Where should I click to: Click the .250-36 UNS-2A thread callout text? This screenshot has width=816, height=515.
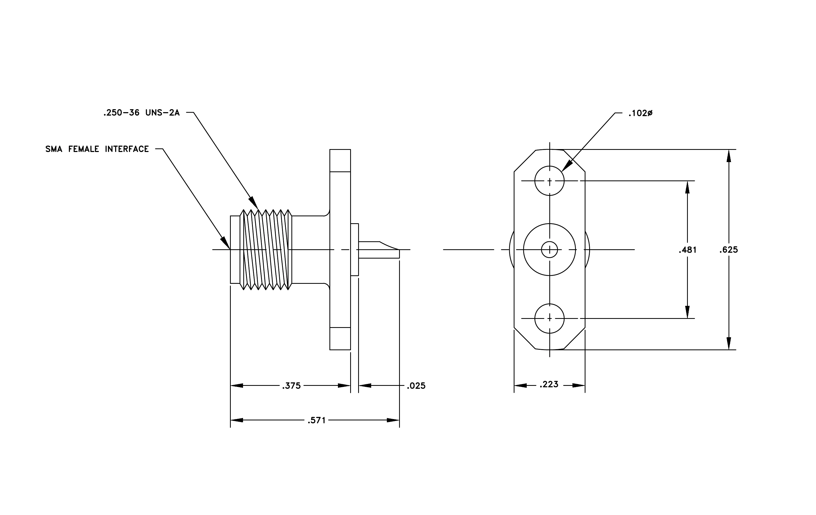tap(141, 113)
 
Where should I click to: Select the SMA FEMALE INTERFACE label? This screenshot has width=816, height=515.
tap(97, 149)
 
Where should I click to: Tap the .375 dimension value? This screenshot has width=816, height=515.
tap(291, 386)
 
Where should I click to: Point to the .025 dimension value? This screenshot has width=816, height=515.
tap(416, 386)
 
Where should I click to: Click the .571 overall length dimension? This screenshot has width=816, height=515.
tap(316, 420)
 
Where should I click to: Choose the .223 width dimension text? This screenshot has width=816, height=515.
tap(549, 384)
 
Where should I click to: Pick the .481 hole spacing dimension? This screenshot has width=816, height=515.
tap(688, 250)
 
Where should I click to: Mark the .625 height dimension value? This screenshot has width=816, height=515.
tap(729, 250)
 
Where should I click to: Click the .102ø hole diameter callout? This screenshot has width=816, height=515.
tap(641, 113)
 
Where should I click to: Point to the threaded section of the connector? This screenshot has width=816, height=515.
tap(266, 250)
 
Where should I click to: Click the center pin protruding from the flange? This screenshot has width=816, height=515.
tap(379, 250)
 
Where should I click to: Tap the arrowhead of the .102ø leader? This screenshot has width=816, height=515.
tap(567, 166)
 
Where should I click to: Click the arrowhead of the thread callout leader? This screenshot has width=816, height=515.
tap(253, 202)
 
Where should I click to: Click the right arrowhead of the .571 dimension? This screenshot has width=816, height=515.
tap(393, 420)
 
